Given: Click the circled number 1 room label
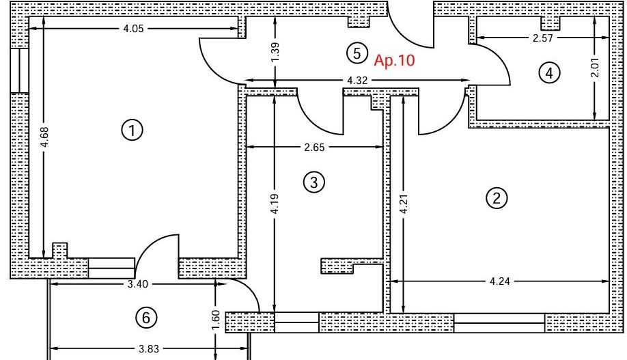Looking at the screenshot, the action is [132, 130].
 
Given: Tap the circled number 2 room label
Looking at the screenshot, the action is [497, 198].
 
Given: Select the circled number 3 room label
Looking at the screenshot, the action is [314, 182].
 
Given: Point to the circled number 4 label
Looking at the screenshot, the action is [549, 73].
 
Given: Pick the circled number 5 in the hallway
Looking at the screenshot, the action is [357, 53].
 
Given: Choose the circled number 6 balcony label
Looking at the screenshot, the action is [146, 318].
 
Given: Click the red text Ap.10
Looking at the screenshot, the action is [394, 60].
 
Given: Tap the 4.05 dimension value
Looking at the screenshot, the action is [133, 29].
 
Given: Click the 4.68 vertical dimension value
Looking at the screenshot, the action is [44, 137].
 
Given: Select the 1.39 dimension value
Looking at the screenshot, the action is [275, 53].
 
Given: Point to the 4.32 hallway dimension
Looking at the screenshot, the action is [357, 81].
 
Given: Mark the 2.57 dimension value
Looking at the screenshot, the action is [542, 38].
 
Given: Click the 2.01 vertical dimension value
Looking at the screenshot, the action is [596, 68].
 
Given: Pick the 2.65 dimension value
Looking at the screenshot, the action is [314, 147].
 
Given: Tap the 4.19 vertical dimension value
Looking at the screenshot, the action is [275, 204].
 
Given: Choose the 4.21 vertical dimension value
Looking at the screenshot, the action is [404, 204].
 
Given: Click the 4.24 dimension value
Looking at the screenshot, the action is [500, 281].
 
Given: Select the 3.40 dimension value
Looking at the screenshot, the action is [137, 284].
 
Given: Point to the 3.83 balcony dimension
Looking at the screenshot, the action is [149, 349].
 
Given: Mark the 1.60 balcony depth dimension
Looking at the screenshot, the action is [216, 321].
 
